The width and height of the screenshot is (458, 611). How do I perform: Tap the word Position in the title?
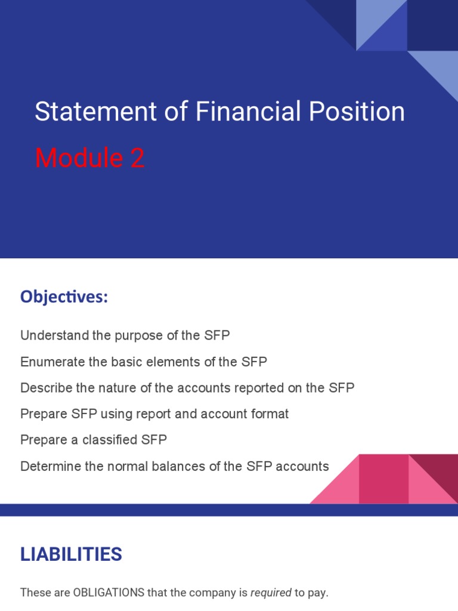[357, 112]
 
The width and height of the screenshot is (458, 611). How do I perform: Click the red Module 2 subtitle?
[89, 159]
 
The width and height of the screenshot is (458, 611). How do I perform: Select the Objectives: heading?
[64, 297]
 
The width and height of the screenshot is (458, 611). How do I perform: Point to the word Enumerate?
[49, 362]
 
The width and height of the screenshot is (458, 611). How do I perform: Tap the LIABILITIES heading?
[71, 554]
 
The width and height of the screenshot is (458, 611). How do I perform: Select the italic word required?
[270, 593]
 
